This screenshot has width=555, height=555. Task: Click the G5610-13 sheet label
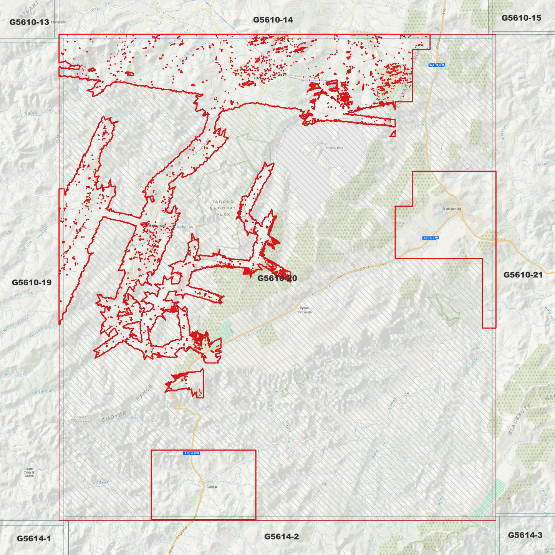(29, 22)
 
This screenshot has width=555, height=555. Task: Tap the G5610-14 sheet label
(273, 20)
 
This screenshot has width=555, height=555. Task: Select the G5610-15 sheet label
(521, 18)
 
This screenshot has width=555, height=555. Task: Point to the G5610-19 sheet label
(31, 282)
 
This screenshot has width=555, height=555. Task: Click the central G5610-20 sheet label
(277, 278)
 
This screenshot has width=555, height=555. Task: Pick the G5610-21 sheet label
(523, 275)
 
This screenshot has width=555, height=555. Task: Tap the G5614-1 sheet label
(34, 538)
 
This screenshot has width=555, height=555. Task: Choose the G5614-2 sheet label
(281, 536)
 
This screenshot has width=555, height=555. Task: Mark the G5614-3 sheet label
(525, 535)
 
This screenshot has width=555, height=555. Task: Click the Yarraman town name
(452, 209)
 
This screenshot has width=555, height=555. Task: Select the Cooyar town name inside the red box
(212, 487)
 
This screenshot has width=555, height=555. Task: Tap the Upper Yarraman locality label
(304, 310)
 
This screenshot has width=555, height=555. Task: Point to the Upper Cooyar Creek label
(29, 472)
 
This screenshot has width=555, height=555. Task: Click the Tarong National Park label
(223, 208)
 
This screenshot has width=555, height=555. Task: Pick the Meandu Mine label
(334, 147)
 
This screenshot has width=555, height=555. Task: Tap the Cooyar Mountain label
(81, 419)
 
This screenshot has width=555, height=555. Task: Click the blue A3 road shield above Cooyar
(192, 453)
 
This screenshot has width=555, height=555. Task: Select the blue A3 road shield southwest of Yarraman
(430, 238)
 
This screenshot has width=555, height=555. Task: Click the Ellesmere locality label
(58, 22)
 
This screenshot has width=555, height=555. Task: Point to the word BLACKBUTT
(520, 420)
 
